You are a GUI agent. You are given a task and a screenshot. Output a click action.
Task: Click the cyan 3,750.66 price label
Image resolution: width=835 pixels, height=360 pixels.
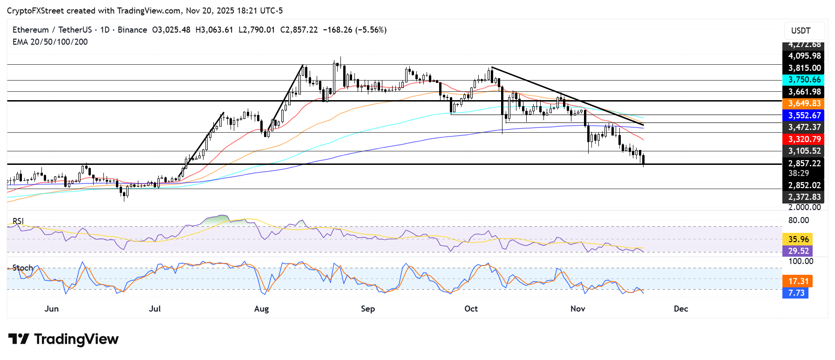click(x=804, y=80)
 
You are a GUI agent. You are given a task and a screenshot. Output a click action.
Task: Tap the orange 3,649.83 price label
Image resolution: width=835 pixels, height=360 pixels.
click(x=804, y=103)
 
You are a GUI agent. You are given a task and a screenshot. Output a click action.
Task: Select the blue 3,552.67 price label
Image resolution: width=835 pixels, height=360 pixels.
click(x=804, y=115)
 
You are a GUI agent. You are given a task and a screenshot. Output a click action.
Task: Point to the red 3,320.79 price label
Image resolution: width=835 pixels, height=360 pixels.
click(x=804, y=139)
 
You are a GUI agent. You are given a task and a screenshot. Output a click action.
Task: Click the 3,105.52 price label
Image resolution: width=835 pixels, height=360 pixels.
click(x=804, y=151)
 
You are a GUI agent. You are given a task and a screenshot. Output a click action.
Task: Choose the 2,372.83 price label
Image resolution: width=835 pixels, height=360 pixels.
click(x=804, y=197)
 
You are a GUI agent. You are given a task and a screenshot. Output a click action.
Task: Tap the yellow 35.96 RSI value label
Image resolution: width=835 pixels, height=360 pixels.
click(x=798, y=239)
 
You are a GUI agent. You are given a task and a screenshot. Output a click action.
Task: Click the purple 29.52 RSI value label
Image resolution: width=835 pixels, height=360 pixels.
click(x=798, y=251)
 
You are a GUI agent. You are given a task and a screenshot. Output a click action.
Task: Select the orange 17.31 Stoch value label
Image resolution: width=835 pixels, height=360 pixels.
click(x=798, y=281)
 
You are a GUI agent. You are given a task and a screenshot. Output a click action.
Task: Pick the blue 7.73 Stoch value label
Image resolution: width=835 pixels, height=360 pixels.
click(x=796, y=293)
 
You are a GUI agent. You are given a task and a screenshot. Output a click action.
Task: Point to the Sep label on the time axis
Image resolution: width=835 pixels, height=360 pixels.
click(x=368, y=309)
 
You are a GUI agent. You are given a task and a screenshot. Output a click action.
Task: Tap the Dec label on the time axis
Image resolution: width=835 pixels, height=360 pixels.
click(x=681, y=309)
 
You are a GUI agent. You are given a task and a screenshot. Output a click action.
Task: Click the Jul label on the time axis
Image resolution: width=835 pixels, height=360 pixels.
click(x=155, y=309)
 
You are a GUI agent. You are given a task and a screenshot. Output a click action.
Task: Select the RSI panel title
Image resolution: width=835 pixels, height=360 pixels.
click(x=18, y=221)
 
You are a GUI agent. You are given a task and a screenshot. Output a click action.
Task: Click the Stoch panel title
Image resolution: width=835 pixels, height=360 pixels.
click(x=23, y=268)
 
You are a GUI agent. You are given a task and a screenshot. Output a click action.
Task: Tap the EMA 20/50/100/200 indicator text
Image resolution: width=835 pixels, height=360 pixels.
click(x=50, y=42)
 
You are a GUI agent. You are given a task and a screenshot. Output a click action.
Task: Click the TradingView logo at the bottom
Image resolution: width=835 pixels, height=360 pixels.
click(x=64, y=339)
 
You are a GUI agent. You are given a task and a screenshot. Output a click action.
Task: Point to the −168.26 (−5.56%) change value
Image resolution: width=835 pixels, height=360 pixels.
click(x=354, y=30)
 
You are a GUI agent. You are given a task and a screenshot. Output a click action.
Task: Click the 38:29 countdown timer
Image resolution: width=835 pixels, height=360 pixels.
click(x=798, y=173)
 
